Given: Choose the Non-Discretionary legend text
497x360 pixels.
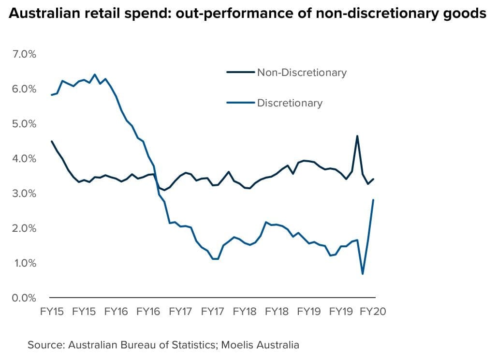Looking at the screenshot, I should coord(302,73).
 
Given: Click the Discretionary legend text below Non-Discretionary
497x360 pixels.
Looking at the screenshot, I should coord(290,103).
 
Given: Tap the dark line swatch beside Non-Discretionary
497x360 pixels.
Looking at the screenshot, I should coord(240,73).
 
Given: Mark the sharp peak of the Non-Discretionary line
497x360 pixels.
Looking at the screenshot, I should coord(357,136).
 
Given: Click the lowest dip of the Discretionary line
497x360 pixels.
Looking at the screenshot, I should coord(363,274).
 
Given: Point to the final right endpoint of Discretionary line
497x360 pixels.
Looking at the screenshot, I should coord(373,200).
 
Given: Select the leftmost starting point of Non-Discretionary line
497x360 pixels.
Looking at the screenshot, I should coord(52,141).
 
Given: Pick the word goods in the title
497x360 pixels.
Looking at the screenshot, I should coord(463,15).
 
